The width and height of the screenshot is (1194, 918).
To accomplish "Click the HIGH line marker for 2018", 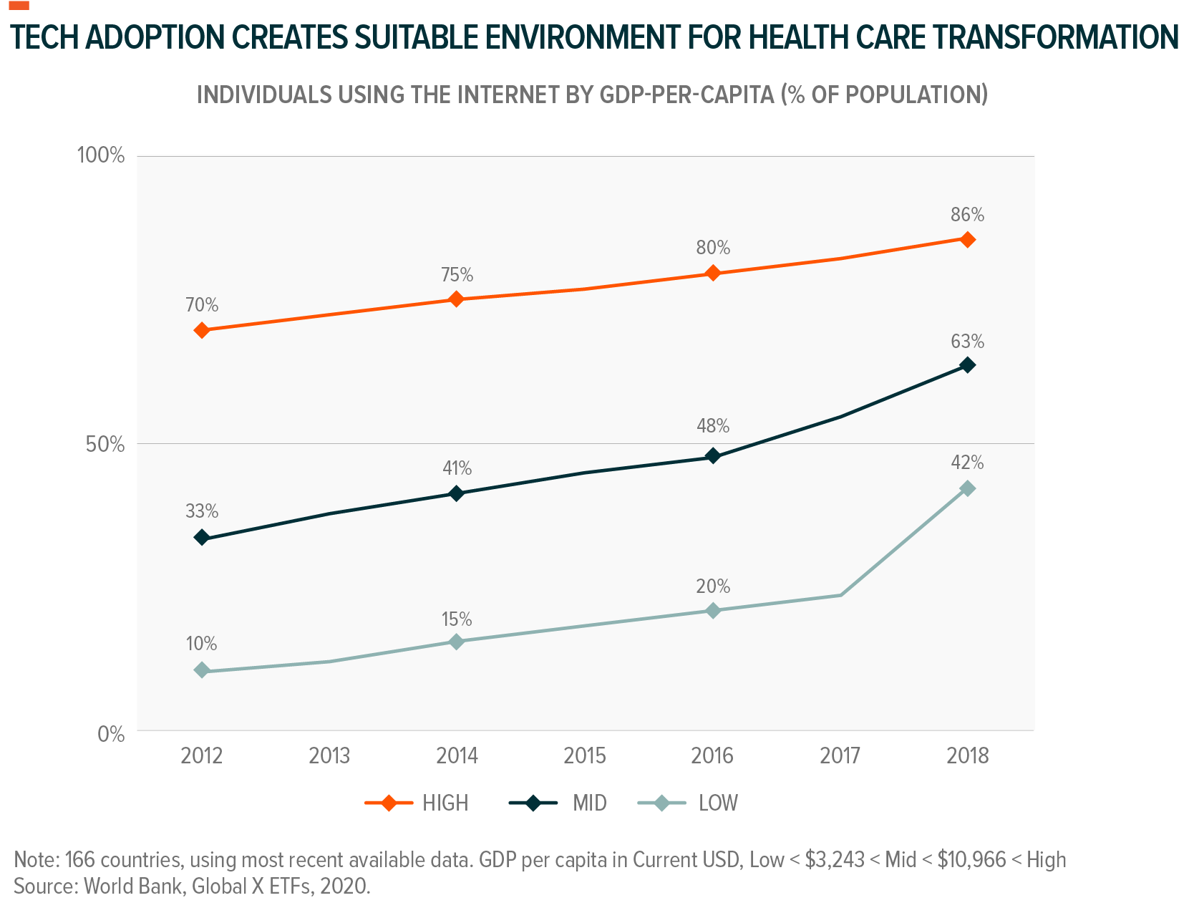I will point(967,239).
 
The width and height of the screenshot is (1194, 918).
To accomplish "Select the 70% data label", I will point(202,305).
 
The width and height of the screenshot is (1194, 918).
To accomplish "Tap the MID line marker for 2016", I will point(713,456).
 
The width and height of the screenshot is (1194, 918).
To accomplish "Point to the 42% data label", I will point(967,463).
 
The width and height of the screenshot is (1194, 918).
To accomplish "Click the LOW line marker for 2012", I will point(202,670).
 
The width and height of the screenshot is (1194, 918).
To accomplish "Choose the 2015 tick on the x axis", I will point(584,755).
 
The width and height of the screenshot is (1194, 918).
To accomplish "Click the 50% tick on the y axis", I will point(105,444).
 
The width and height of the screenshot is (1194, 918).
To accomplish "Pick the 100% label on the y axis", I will point(100,155).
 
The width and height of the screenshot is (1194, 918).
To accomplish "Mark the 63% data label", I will point(967,342).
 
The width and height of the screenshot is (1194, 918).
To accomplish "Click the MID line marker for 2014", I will point(457,493).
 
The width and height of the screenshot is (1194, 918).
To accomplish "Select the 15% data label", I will point(457,619).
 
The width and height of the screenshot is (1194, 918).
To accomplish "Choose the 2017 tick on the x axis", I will point(840,755).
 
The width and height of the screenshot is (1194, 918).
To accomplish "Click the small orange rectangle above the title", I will point(19,6).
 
